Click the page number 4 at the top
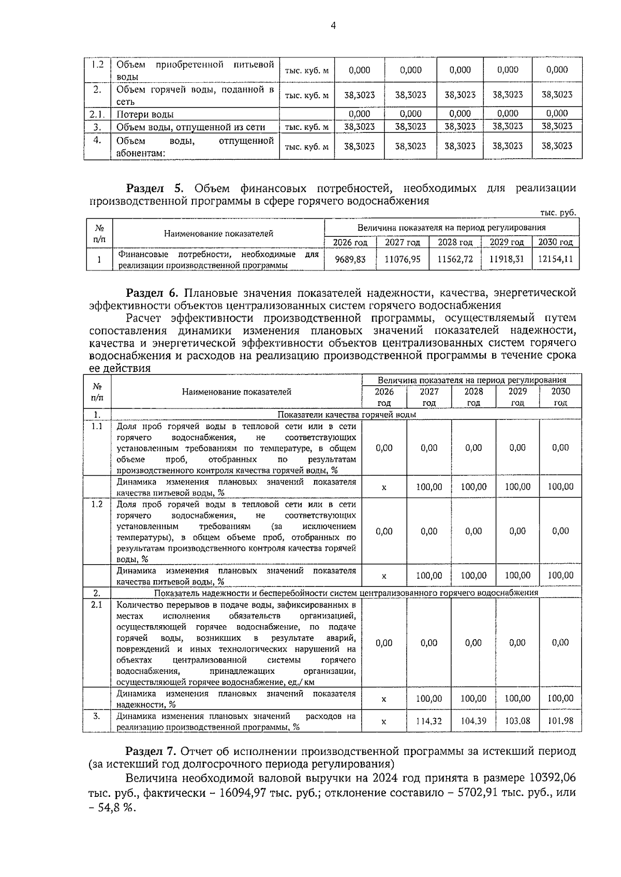333,25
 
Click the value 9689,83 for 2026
350,260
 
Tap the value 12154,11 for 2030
555,260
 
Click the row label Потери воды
145,114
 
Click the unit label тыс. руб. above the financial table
558,213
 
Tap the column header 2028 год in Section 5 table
455,242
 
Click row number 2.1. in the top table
97,114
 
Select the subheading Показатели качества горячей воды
347,415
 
